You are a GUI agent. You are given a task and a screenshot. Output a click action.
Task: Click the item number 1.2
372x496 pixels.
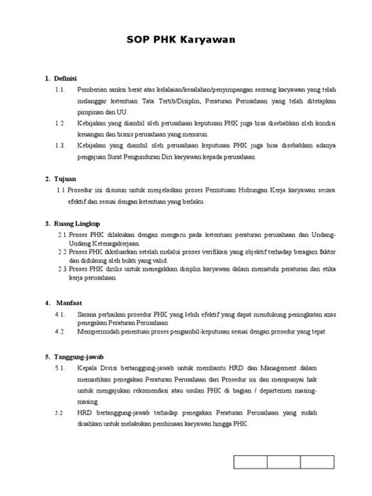coord(60,123)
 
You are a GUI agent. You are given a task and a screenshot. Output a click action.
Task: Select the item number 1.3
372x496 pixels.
coord(60,145)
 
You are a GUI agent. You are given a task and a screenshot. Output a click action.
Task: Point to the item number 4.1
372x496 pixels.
coord(60,312)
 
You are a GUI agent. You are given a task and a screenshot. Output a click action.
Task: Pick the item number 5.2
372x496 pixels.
coord(60,411)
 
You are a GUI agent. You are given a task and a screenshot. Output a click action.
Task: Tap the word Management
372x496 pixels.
coord(277,367)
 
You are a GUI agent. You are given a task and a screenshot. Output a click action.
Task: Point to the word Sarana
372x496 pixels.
coord(88,312)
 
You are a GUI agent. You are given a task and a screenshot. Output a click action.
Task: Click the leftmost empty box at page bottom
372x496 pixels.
coord(246,463)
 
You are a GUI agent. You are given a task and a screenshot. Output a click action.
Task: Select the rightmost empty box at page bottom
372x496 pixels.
coord(324,463)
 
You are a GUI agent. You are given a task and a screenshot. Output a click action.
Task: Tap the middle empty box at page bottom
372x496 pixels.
coord(286,463)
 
